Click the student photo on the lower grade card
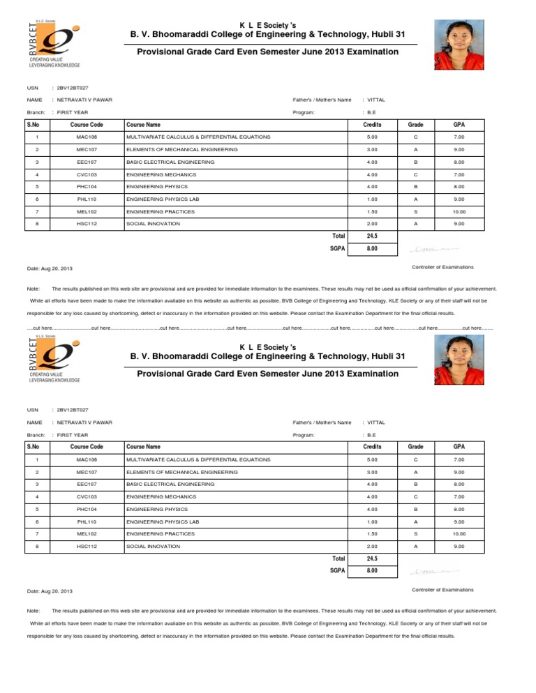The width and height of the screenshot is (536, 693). (459, 361)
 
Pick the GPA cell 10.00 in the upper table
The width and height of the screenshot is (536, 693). (459, 212)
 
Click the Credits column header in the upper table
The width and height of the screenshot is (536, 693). (372, 123)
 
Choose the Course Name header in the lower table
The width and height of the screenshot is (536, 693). (143, 446)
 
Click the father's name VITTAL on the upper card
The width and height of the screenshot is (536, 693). (376, 100)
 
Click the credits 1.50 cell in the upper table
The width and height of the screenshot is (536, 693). (372, 212)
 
